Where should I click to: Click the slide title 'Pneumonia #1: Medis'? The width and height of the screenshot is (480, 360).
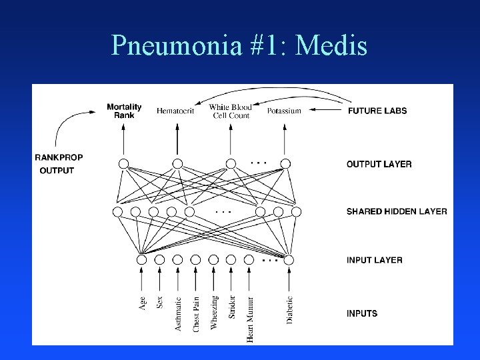click(x=240, y=45)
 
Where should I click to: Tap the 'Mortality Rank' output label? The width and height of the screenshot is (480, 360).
click(x=124, y=111)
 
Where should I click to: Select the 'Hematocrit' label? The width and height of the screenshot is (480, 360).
click(x=175, y=111)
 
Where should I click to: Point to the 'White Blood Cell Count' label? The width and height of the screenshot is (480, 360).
click(x=230, y=111)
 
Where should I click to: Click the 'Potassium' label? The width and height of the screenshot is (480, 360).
click(x=284, y=111)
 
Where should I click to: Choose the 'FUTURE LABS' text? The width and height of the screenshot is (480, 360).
click(x=377, y=111)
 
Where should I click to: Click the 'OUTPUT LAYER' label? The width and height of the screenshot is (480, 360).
click(x=379, y=164)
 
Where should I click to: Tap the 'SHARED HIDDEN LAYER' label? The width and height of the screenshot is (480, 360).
click(x=397, y=211)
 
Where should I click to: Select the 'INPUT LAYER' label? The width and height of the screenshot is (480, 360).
click(x=374, y=260)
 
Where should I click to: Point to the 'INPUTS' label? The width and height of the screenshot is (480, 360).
click(x=362, y=313)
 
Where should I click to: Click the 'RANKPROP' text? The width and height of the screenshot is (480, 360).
click(x=59, y=158)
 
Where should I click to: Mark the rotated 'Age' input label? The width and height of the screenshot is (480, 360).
click(x=142, y=303)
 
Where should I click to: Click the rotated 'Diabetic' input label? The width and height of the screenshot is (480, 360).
click(x=289, y=310)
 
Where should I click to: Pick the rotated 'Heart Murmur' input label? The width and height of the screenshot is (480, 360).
click(x=250, y=319)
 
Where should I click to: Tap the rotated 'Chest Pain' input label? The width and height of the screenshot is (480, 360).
click(x=196, y=313)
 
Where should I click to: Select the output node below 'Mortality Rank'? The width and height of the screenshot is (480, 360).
click(x=124, y=163)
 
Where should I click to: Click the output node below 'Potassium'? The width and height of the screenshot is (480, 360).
click(x=285, y=163)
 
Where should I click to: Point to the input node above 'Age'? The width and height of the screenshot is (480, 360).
click(x=142, y=259)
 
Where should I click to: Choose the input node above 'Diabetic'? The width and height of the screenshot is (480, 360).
click(x=289, y=259)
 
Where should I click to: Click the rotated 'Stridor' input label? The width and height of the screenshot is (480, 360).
click(x=232, y=307)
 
